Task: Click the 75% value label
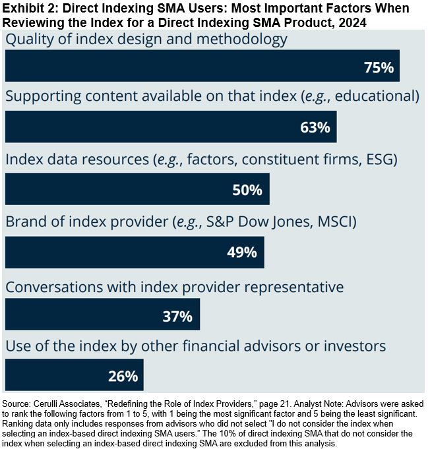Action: tap(379, 68)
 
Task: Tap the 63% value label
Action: tap(315, 127)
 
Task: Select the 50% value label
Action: tap(247, 190)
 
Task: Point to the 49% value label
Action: tap(242, 253)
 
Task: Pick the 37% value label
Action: tap(177, 316)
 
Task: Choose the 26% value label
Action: tap(123, 376)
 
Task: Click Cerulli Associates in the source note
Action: tap(61, 403)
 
